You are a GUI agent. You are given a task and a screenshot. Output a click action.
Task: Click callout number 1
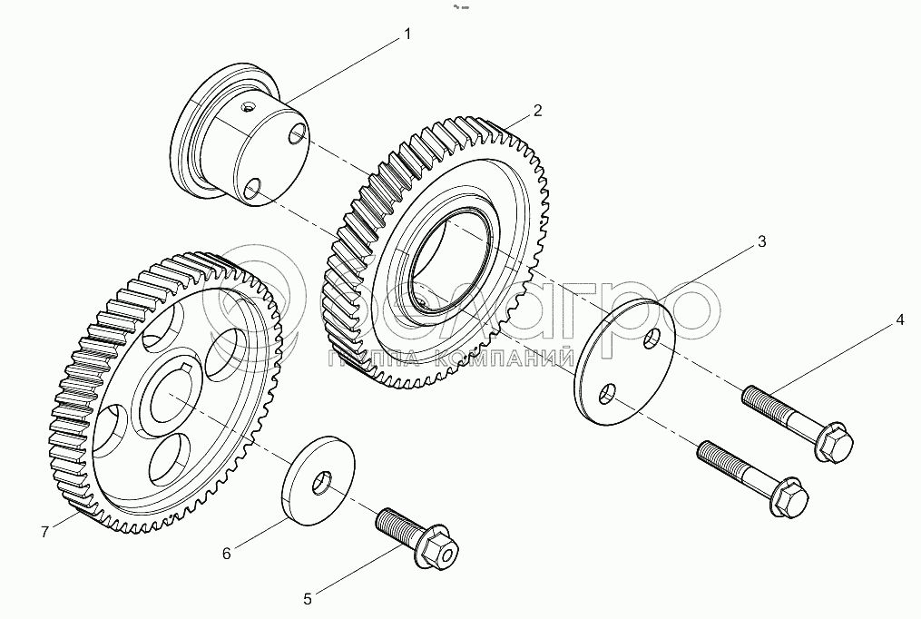[x=407, y=34]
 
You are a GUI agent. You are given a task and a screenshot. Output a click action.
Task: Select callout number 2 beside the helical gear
[x=537, y=111]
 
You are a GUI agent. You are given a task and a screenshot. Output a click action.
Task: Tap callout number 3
[x=761, y=241]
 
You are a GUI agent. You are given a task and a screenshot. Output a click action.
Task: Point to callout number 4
[x=899, y=319]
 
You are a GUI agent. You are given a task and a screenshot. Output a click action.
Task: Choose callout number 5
[x=308, y=598]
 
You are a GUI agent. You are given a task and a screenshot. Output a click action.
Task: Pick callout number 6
[x=227, y=551]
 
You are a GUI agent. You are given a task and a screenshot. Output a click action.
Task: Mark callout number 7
[x=44, y=533]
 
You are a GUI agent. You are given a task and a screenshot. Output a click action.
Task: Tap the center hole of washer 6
[x=320, y=484]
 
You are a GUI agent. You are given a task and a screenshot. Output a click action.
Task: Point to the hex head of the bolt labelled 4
[x=833, y=443]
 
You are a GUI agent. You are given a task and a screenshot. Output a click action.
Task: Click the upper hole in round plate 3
[x=652, y=341]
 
